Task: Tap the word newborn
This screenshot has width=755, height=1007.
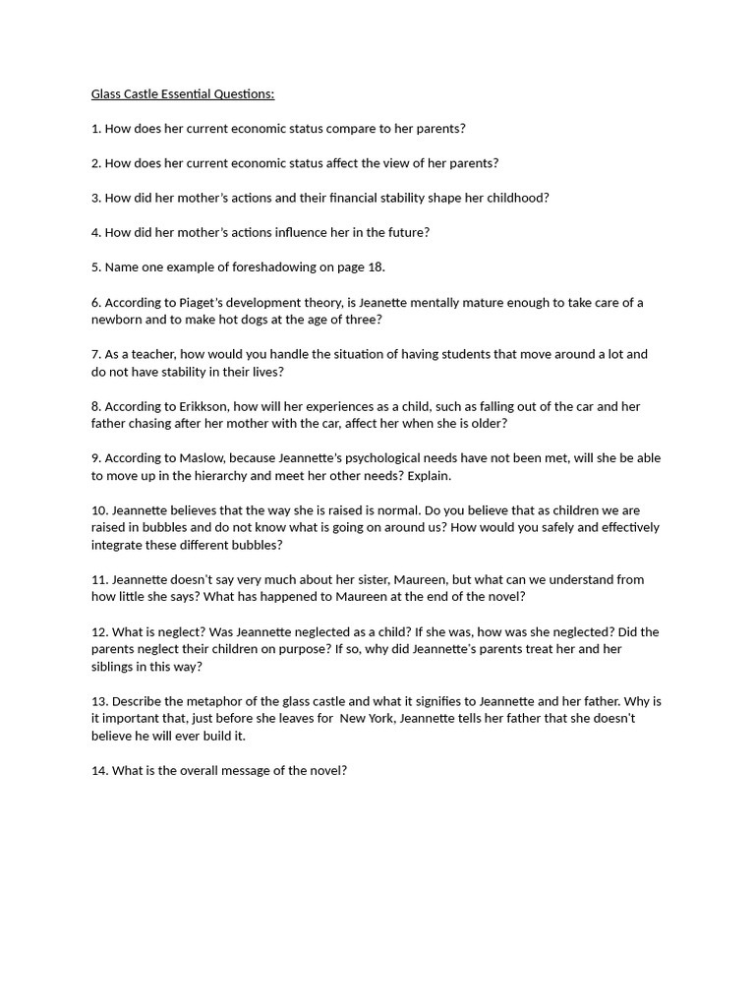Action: [118, 320]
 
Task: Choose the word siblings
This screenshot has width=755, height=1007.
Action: [115, 667]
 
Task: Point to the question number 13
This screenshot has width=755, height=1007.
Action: [99, 701]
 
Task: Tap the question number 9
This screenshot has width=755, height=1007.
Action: [95, 458]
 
